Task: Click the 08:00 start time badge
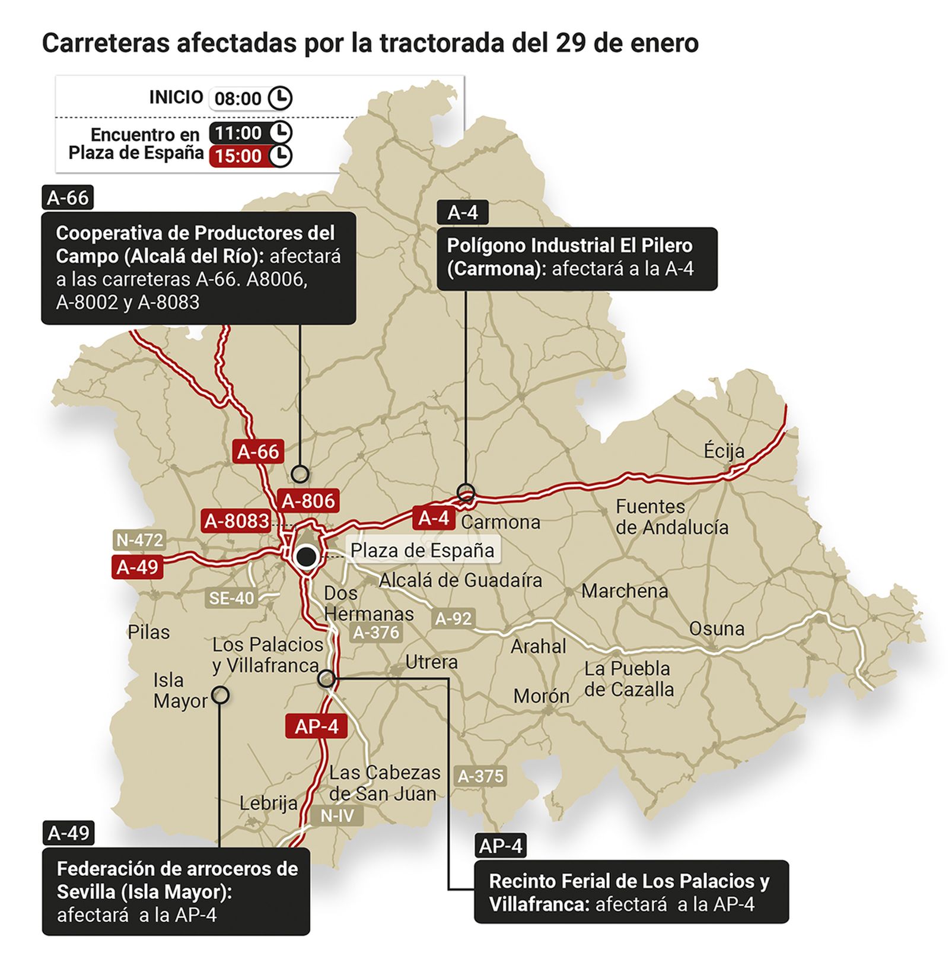click(x=238, y=99)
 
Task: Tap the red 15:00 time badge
click(x=238, y=156)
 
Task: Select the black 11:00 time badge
click(x=238, y=133)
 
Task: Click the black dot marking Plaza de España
click(x=306, y=557)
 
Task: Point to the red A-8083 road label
click(x=237, y=521)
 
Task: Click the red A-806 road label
click(x=308, y=501)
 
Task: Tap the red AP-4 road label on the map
click(x=316, y=726)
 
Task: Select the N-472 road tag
click(x=139, y=540)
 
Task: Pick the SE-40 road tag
click(x=231, y=598)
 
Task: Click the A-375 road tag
click(x=480, y=776)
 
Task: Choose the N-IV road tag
click(x=337, y=815)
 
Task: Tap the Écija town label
click(x=724, y=451)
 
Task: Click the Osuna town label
click(x=716, y=628)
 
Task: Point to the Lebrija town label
click(x=269, y=804)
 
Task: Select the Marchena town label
click(x=625, y=591)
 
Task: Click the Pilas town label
click(x=148, y=632)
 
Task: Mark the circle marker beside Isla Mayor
click(x=220, y=694)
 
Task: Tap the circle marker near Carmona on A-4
click(x=466, y=492)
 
